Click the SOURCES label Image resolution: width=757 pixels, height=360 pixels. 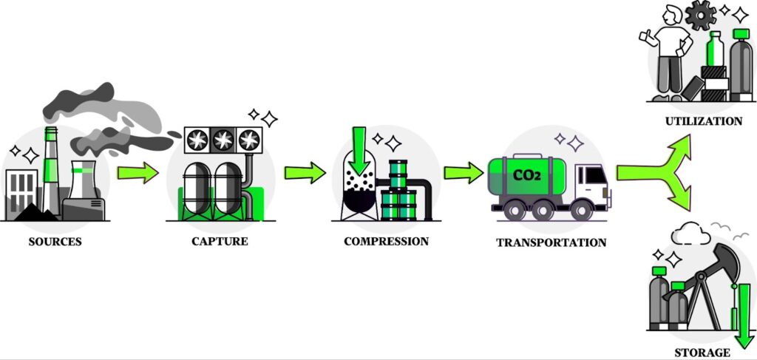[55, 241]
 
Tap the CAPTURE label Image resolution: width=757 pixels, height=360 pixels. [220, 241]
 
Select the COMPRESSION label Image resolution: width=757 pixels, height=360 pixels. [386, 241]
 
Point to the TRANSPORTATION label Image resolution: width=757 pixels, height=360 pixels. [551, 242]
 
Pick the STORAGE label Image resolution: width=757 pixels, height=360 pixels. [702, 352]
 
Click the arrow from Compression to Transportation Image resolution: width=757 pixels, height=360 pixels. [464, 173]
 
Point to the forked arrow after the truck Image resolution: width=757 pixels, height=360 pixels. [658, 172]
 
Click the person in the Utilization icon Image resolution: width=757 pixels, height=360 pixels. [671, 52]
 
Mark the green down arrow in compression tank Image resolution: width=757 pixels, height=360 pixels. [360, 149]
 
